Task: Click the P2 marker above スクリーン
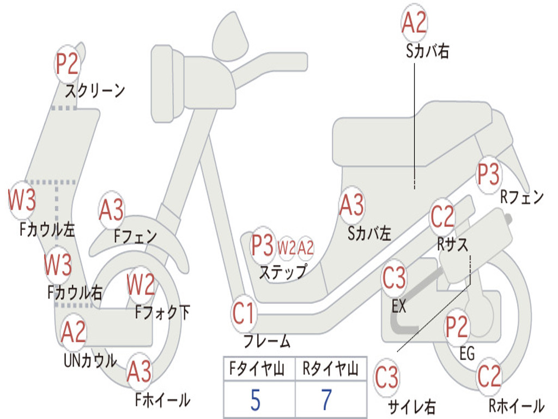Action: [x=67, y=64]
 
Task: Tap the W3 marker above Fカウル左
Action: [x=22, y=200]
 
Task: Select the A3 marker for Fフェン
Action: [x=111, y=210]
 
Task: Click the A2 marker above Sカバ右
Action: [x=414, y=22]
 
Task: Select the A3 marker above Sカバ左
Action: [x=352, y=205]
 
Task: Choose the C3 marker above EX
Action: [x=394, y=278]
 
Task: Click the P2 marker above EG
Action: [x=457, y=327]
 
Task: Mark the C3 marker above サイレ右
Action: [x=387, y=378]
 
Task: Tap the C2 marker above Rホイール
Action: [x=489, y=376]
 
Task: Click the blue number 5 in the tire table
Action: [x=256, y=400]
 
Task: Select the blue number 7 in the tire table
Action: [x=327, y=400]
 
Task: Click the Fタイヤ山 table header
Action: [x=257, y=368]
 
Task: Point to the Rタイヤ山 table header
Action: [x=330, y=368]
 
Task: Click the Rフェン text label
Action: [x=522, y=196]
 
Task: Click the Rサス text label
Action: [x=452, y=244]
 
